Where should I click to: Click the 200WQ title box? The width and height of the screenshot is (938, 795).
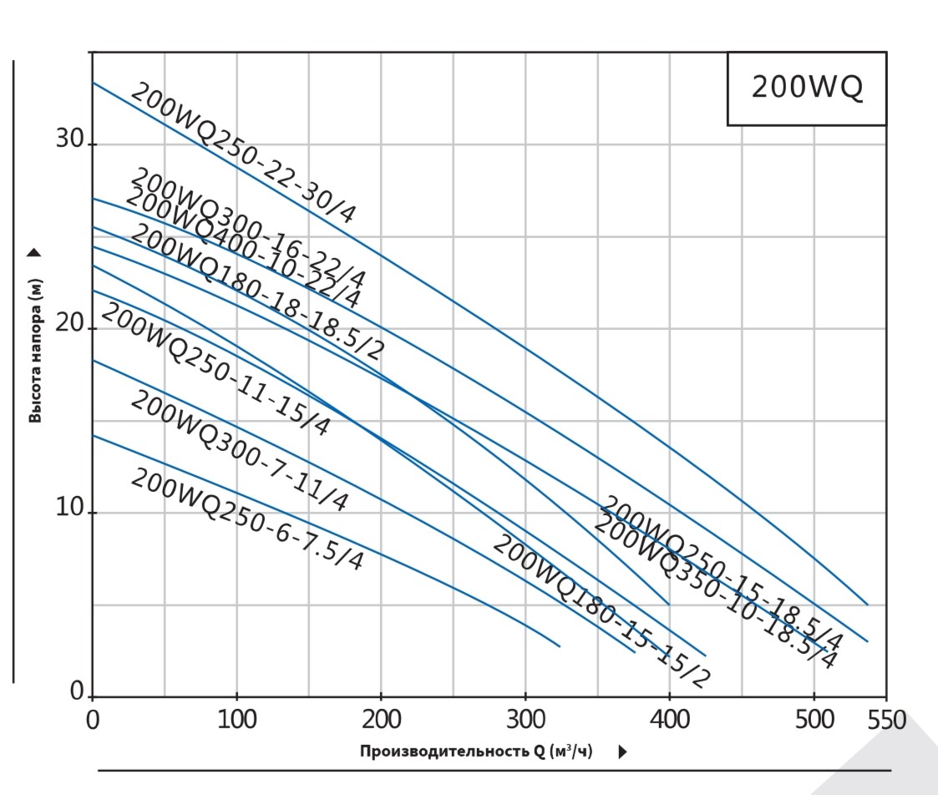(x=806, y=88)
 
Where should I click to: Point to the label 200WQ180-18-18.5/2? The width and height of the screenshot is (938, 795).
(x=256, y=292)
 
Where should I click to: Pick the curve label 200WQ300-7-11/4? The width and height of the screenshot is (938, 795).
(x=239, y=450)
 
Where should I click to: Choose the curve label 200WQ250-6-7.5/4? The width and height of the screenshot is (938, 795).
(x=247, y=519)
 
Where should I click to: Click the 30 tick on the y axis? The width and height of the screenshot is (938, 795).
(x=70, y=139)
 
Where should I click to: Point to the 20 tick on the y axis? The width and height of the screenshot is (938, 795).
(x=70, y=325)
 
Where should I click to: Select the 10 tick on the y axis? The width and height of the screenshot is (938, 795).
(x=70, y=509)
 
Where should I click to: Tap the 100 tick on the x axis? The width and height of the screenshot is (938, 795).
(x=237, y=720)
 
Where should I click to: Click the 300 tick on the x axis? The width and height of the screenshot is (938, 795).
(x=525, y=720)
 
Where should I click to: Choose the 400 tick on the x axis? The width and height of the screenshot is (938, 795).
(x=669, y=720)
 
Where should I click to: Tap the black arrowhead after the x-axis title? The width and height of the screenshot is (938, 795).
(x=622, y=752)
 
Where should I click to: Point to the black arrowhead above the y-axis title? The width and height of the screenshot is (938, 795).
(x=34, y=251)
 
